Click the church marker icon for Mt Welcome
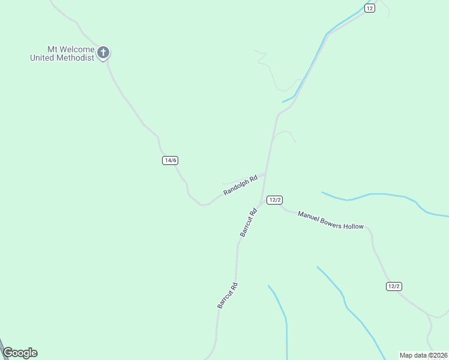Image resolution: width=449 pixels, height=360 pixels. pyautogui.click(x=103, y=53)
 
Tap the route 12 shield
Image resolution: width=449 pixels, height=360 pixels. pyautogui.click(x=369, y=8)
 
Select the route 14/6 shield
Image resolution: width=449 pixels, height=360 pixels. pyautogui.click(x=170, y=160)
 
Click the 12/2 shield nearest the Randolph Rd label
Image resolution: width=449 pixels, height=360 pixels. pyautogui.click(x=275, y=200)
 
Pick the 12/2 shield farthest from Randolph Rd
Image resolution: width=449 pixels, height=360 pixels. pyautogui.click(x=393, y=286)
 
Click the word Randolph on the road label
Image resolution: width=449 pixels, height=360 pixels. pyautogui.click(x=237, y=187)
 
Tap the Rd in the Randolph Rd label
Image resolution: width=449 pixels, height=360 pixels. pyautogui.click(x=254, y=178)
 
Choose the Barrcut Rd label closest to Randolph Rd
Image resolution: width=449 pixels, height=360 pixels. pyautogui.click(x=249, y=222)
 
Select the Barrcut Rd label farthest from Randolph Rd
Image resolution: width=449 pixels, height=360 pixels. pyautogui.click(x=228, y=295)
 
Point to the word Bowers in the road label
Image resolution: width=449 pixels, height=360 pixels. pyautogui.click(x=332, y=223)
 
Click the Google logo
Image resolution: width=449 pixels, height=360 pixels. pyautogui.click(x=20, y=353)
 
